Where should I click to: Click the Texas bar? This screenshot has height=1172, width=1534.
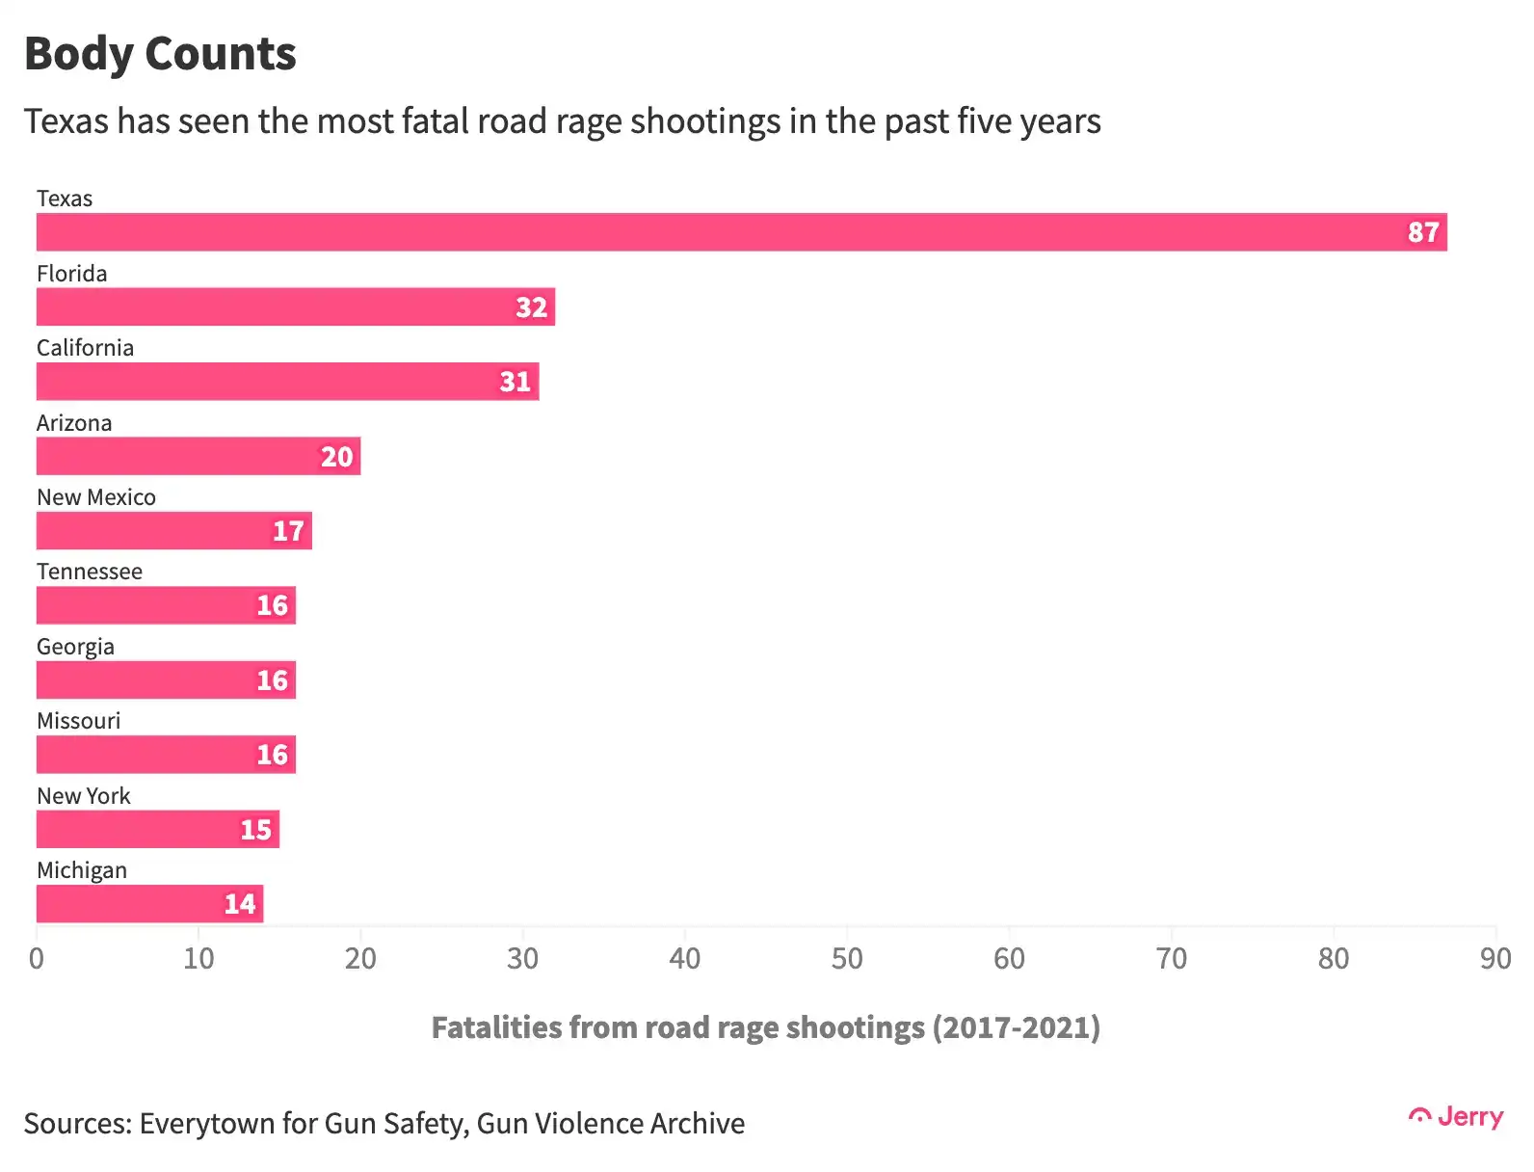click(x=742, y=231)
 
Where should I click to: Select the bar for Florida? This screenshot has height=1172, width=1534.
click(x=296, y=306)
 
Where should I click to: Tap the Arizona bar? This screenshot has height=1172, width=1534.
click(x=198, y=456)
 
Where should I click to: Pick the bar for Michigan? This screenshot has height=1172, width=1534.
click(x=149, y=904)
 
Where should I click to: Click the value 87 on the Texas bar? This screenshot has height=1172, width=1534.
click(x=1423, y=232)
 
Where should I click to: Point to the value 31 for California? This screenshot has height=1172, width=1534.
click(x=516, y=382)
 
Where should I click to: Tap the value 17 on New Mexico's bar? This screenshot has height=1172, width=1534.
click(x=288, y=531)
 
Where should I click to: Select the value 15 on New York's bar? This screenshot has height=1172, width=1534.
click(x=255, y=830)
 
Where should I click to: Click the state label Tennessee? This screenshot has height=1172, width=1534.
click(x=90, y=572)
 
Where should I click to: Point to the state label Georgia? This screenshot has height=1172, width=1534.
click(x=75, y=647)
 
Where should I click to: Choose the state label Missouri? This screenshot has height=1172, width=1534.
click(x=78, y=721)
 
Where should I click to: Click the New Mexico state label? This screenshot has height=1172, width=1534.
click(x=96, y=497)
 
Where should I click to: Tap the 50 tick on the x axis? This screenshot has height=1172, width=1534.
click(x=847, y=958)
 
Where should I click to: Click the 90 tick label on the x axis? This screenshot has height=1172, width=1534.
click(x=1495, y=958)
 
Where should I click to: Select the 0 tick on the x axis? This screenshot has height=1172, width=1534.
click(x=37, y=958)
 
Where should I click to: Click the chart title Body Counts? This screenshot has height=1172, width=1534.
click(x=161, y=55)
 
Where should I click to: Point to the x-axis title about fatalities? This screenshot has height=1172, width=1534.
click(x=766, y=1028)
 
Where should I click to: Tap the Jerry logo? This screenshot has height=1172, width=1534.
click(x=1456, y=1117)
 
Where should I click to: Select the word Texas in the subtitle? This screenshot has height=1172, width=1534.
click(x=66, y=120)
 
